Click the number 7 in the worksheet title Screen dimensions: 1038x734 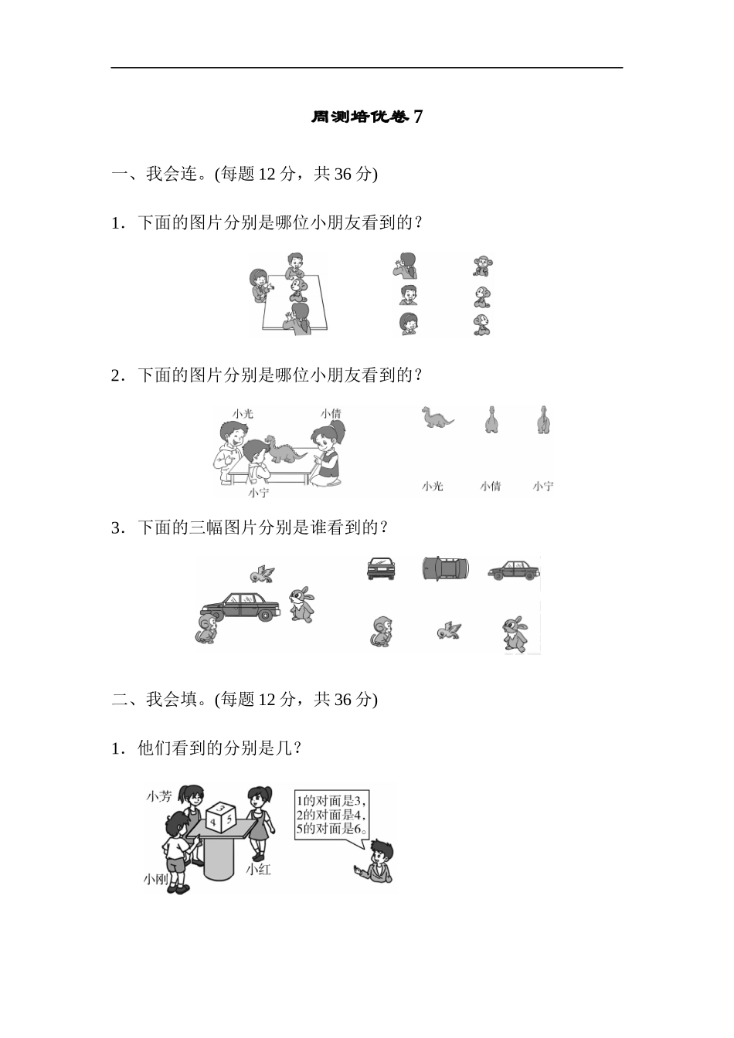(x=418, y=117)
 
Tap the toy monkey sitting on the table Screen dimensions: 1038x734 (x=297, y=290)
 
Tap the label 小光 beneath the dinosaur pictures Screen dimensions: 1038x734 (x=433, y=486)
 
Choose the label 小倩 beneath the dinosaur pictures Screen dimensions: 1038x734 (x=490, y=486)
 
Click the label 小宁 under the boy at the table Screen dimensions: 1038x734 (x=259, y=492)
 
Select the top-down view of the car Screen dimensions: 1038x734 (x=445, y=568)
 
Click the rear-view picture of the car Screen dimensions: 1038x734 (x=381, y=568)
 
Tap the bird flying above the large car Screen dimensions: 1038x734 (x=263, y=573)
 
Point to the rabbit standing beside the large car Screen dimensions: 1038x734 (x=301, y=604)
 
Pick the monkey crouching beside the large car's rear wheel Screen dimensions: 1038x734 (x=207, y=628)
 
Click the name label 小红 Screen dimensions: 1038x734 (x=258, y=869)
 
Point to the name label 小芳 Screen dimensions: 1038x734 (x=158, y=795)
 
